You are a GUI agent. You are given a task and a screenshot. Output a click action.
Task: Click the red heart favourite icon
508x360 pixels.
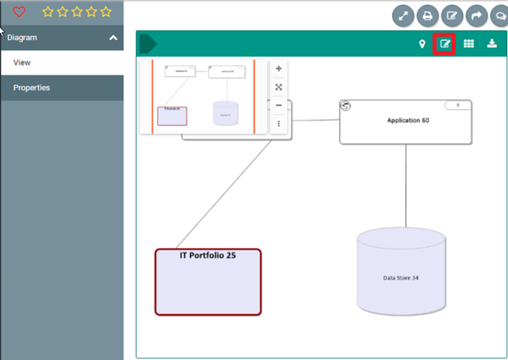click(19, 12)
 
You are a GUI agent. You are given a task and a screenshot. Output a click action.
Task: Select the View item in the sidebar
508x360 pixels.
click(22, 63)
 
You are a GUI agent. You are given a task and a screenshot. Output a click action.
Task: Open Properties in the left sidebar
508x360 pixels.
click(31, 87)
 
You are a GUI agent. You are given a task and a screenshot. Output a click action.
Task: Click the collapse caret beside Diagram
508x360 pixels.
click(114, 38)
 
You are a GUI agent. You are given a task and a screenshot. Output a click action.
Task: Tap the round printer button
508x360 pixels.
click(428, 15)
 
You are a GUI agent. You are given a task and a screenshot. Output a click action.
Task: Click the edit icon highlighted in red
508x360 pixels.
click(445, 44)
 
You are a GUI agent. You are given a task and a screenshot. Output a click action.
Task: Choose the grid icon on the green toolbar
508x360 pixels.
click(470, 44)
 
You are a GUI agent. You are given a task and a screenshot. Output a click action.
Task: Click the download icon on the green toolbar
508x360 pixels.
click(491, 44)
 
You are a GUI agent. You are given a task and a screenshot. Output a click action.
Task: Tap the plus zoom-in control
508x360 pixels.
click(279, 69)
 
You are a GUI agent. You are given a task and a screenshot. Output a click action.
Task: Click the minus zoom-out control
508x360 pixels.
click(279, 105)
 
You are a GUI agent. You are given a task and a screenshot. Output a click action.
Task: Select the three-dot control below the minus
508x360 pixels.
click(279, 123)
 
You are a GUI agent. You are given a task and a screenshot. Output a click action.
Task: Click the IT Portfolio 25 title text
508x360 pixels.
click(208, 256)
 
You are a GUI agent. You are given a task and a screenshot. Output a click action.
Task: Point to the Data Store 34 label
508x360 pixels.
click(401, 278)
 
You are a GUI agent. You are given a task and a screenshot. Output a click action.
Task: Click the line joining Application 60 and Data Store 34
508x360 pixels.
click(405, 184)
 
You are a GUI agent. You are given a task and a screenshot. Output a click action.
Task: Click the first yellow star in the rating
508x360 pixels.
click(47, 12)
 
